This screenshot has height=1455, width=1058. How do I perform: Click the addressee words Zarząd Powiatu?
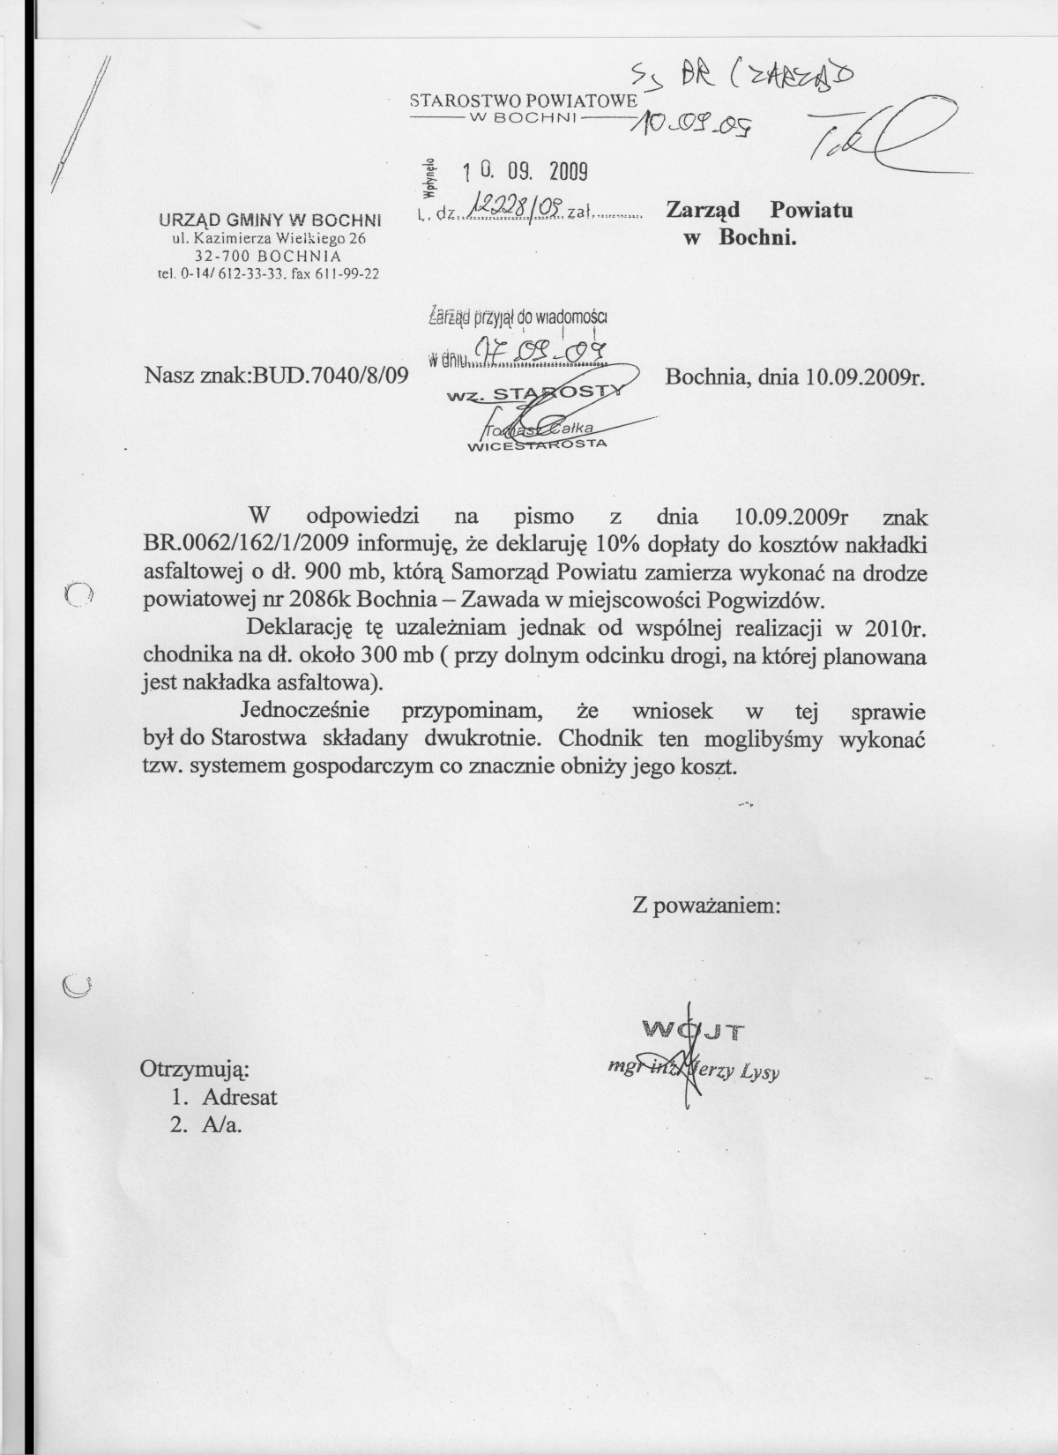(x=759, y=211)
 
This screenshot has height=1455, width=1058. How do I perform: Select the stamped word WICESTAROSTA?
(x=536, y=445)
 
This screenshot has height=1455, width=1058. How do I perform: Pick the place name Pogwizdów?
(x=768, y=601)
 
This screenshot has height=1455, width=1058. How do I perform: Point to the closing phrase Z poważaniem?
(x=705, y=906)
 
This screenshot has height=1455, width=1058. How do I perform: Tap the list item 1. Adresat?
(x=225, y=1097)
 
